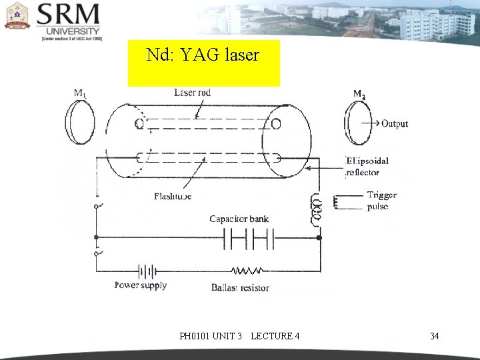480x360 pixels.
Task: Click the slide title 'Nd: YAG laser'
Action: pos(202,55)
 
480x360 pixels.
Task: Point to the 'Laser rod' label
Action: pos(192,93)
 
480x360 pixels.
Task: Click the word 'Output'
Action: pos(395,123)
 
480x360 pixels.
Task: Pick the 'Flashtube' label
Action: pos(173,197)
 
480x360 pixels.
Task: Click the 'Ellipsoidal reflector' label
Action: pos(367,167)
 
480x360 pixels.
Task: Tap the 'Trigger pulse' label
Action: pos(381,201)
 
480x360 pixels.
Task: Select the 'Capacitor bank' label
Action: pos(239,219)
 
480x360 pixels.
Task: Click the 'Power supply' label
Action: pos(140,285)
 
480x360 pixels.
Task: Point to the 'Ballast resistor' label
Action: pos(240,287)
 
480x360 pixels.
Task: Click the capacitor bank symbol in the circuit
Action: pos(249,237)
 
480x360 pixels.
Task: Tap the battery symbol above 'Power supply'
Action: pos(147,271)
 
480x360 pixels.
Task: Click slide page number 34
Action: pos(434,336)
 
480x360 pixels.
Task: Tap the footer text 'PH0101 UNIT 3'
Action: pos(211,336)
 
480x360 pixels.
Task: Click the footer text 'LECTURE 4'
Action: pos(275,336)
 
